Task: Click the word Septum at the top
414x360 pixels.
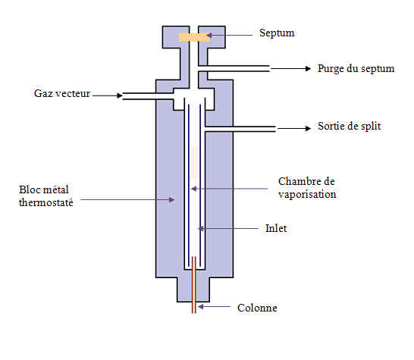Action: click(x=277, y=33)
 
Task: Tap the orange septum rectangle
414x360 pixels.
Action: click(x=194, y=37)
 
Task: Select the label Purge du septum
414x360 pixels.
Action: click(x=356, y=69)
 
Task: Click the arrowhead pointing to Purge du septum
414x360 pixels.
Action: click(x=308, y=69)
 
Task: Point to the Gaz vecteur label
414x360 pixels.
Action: click(x=62, y=93)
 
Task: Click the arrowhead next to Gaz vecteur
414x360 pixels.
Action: click(x=120, y=95)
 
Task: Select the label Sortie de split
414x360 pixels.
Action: click(x=350, y=126)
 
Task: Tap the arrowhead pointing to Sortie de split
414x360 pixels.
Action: click(x=308, y=128)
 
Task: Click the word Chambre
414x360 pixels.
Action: click(x=296, y=181)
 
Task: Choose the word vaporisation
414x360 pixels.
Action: click(x=307, y=195)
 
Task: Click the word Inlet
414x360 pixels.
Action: click(x=276, y=229)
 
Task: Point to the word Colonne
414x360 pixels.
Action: click(x=257, y=308)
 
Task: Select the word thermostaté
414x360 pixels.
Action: click(x=46, y=202)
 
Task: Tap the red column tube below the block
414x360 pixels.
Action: click(x=194, y=308)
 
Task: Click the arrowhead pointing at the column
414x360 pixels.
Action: click(x=201, y=306)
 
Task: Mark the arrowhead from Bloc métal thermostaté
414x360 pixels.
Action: click(x=171, y=199)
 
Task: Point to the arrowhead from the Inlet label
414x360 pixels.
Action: click(x=201, y=228)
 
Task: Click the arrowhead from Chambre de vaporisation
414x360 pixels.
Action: click(x=193, y=189)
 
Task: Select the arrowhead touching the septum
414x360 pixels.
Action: click(x=209, y=35)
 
